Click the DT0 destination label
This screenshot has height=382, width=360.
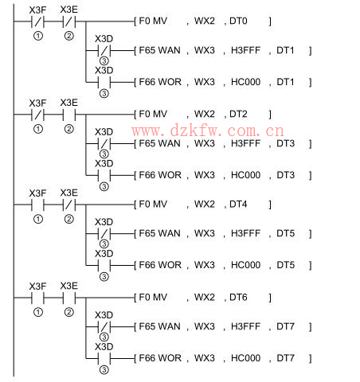(238, 21)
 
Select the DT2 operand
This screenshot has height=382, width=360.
(238, 114)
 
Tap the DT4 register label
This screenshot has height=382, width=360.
(238, 205)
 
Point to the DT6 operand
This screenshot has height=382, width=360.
(238, 298)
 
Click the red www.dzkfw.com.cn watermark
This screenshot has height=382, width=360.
(208, 131)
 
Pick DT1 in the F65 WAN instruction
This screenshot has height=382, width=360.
(285, 50)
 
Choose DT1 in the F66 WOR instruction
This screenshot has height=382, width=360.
(285, 82)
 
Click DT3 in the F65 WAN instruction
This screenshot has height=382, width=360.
(285, 143)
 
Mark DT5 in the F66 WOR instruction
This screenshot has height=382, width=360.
(285, 265)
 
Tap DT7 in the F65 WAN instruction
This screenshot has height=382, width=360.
(285, 326)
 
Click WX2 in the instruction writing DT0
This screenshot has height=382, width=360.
(205, 21)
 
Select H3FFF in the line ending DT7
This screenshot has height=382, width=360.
(245, 326)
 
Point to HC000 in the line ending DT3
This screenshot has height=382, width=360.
(245, 175)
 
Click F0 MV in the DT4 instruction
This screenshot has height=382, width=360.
(153, 205)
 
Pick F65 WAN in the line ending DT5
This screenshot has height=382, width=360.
(159, 233)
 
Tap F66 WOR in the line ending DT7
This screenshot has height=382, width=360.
(160, 358)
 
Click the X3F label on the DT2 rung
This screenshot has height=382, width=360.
(37, 103)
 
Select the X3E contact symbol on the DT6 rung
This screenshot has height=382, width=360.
(69, 298)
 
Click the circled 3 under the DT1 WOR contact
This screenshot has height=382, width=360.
(104, 93)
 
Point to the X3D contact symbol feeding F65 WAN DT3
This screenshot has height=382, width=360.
(104, 144)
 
